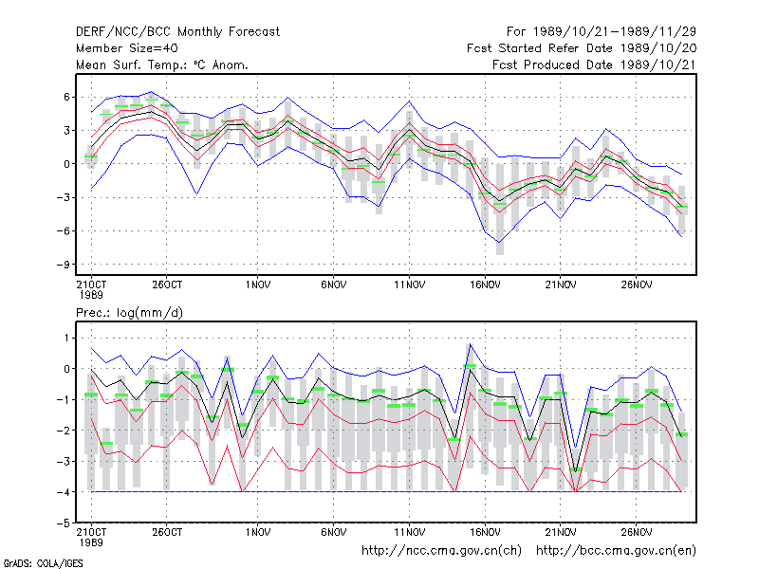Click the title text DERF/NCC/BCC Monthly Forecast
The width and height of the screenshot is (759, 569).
177,32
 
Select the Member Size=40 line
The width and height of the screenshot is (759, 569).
127,48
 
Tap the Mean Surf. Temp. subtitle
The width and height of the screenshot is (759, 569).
161,64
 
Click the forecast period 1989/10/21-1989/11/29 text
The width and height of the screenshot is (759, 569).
602,32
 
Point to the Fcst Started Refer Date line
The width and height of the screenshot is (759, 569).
582,48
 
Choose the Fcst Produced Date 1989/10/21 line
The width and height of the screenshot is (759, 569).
594,64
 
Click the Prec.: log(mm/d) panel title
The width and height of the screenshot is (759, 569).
129,313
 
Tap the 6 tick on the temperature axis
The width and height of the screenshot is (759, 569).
66,98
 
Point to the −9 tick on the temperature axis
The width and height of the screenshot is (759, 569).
63,265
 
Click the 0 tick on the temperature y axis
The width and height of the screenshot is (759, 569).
66,164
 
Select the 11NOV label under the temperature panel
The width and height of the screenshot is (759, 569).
409,285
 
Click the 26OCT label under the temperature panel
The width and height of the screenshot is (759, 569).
167,285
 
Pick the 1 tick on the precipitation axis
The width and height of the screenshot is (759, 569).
66,338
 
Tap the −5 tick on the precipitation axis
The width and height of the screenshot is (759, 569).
63,523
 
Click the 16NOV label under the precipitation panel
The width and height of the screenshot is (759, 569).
485,533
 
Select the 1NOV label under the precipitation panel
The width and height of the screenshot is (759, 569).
258,533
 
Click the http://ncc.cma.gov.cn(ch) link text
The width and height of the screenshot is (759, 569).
441,551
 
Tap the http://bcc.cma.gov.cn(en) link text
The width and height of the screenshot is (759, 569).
616,551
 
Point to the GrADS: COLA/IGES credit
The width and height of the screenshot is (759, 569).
43,563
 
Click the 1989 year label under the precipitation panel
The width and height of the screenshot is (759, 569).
91,542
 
